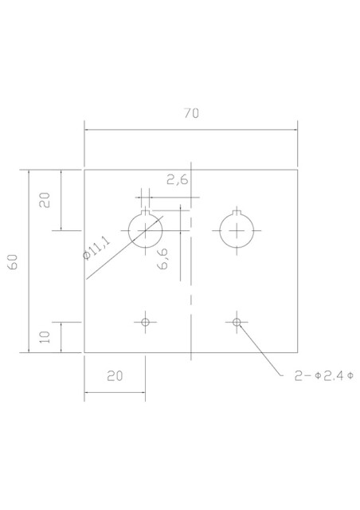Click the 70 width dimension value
coord(191,113)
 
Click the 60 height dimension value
coord(13,262)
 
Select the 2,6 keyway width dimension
coord(178,179)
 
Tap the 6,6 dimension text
coord(162,259)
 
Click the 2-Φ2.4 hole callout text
coord(324,376)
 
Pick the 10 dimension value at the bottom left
coord(45,337)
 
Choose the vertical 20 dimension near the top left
coord(45,200)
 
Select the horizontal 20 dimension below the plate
coord(115,376)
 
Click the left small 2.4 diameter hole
coord(146,322)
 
